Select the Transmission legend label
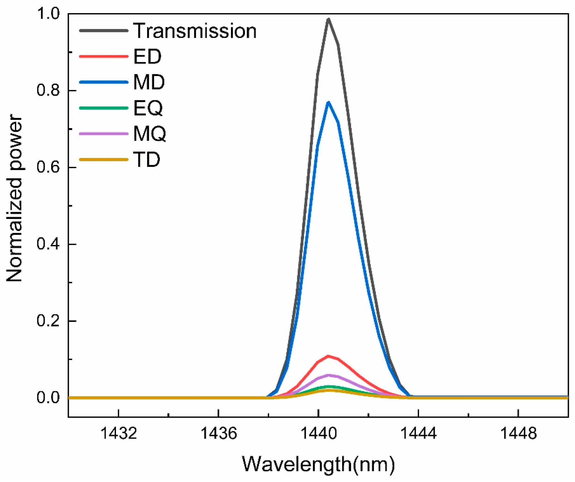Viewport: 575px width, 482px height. pyautogui.click(x=195, y=31)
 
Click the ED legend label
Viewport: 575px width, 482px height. pyautogui.click(x=147, y=56)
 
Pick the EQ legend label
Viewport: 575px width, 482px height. pyautogui.click(x=148, y=108)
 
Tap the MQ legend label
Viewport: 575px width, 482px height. pyautogui.click(x=150, y=134)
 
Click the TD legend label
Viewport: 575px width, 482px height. pyautogui.click(x=146, y=159)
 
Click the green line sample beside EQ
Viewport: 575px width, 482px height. pyautogui.click(x=103, y=108)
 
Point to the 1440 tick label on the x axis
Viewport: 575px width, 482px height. pyautogui.click(x=318, y=434)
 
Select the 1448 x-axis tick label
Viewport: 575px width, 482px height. pyautogui.click(x=518, y=434)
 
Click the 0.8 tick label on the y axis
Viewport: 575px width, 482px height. pyautogui.click(x=48, y=90)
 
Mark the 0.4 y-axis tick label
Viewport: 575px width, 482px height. pyautogui.click(x=48, y=244)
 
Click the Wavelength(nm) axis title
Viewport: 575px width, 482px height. pyautogui.click(x=318, y=464)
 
